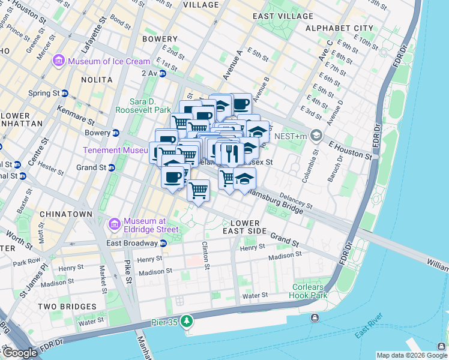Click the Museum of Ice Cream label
coord(109,61)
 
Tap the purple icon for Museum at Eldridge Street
coord(114,224)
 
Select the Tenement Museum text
coord(115,150)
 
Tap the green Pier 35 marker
coord(187,322)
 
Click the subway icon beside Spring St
coord(64,93)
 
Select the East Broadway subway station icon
coord(163,243)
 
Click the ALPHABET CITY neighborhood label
coord(339,28)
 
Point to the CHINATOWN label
coord(66,214)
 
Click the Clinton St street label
coord(205,254)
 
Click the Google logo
coord(19,353)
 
